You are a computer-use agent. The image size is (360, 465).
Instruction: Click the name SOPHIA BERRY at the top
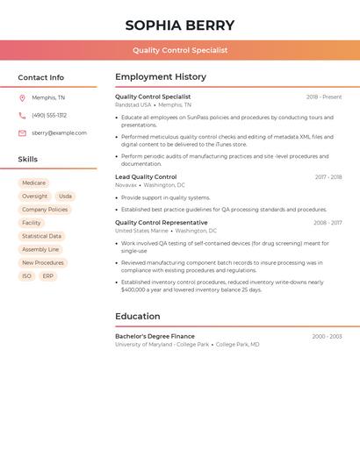click(180, 25)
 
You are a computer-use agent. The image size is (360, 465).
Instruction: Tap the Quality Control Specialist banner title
click(180, 50)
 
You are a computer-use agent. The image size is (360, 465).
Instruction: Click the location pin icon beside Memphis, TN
click(22, 97)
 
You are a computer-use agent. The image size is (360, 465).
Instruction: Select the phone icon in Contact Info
click(22, 115)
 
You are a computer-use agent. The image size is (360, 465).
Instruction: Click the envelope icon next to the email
click(22, 133)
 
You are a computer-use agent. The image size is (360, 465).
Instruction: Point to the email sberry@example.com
click(59, 133)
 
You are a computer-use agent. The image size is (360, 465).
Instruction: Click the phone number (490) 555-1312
click(49, 115)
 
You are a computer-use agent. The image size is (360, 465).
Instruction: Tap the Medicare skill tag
click(33, 183)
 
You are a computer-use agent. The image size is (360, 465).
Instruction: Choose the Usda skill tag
click(66, 197)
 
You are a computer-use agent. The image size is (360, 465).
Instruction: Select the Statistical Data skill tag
click(41, 236)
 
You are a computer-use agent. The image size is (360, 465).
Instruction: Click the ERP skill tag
click(48, 275)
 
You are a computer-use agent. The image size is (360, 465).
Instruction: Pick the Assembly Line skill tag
click(40, 249)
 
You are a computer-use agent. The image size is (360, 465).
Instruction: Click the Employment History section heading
click(161, 77)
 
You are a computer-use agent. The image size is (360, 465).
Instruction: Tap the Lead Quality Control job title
click(146, 177)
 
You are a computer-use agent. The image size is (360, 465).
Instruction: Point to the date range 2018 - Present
click(324, 97)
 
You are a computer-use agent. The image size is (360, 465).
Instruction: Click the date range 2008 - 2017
click(328, 223)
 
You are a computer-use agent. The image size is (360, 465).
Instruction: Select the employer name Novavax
click(126, 186)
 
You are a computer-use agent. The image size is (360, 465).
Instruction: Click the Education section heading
click(138, 317)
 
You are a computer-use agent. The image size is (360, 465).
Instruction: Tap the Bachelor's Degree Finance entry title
click(155, 336)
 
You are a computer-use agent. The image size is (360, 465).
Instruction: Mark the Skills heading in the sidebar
click(28, 160)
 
